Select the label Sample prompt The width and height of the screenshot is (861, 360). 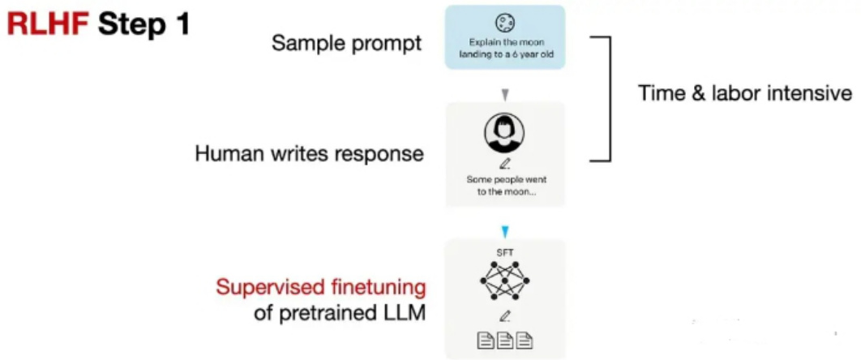point(346,43)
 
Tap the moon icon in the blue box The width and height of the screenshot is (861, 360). point(505,24)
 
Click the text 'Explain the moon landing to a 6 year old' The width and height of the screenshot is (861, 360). point(505,49)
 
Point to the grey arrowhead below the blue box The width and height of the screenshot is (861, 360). point(505,96)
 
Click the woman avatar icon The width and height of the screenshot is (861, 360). point(504,132)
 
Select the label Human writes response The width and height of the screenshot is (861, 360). point(309,152)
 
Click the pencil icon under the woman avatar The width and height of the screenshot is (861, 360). point(504,164)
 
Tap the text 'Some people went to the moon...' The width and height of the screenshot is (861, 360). point(504,184)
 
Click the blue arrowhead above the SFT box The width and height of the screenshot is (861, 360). point(505,232)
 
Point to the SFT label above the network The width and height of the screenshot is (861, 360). point(504,253)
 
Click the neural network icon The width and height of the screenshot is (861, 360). point(504,281)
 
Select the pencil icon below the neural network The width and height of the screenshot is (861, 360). point(504,316)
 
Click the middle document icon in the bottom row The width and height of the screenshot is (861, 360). point(504,341)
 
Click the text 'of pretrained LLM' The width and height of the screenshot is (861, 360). point(340,313)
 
